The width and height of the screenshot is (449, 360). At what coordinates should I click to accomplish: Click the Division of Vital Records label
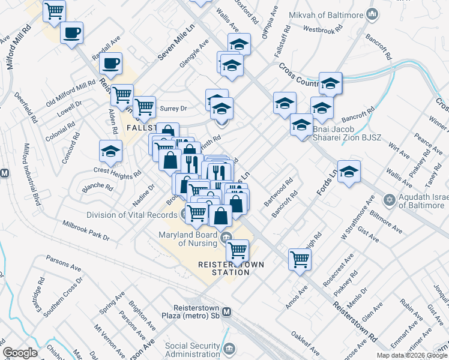[x=133, y=215]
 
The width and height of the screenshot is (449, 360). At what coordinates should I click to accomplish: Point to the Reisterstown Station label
[x=224, y=268]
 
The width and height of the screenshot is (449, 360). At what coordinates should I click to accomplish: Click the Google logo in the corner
[x=20, y=353]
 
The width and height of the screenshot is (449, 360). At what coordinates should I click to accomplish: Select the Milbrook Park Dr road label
[x=86, y=230]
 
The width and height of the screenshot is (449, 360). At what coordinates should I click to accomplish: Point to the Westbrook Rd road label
[x=324, y=29]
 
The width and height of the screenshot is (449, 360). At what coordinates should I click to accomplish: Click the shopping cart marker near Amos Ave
[x=300, y=259]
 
